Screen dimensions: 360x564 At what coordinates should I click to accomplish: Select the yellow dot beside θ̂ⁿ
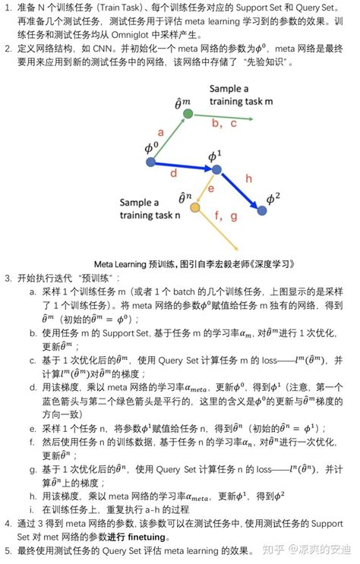tap(195, 207)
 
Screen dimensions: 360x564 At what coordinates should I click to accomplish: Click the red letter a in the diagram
tap(160, 131)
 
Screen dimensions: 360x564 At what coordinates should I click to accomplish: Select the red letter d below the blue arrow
tap(174, 173)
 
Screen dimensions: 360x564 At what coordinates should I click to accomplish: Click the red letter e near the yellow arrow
tap(211, 187)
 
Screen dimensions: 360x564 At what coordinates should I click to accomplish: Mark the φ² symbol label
tap(273, 199)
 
